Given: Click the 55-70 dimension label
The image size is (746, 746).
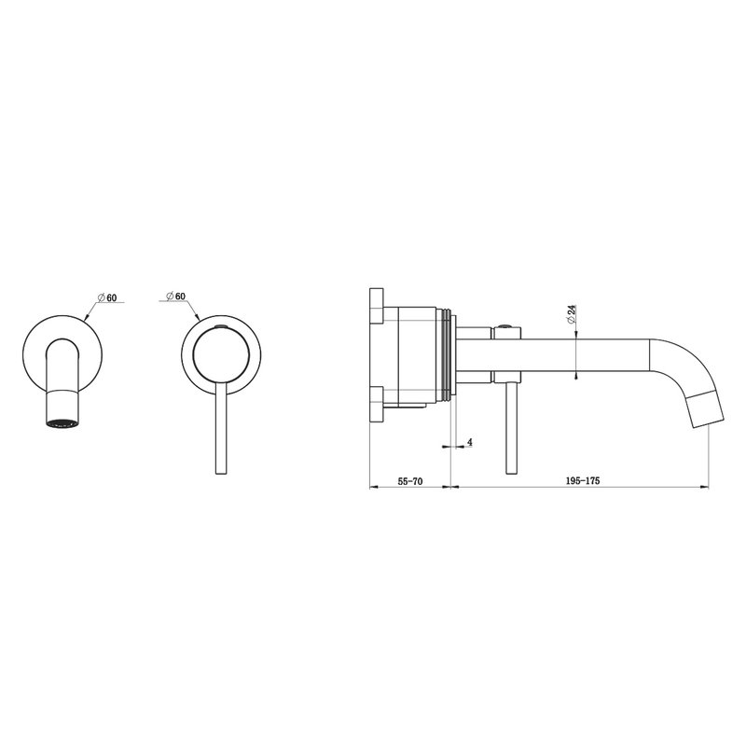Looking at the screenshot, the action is coord(410,481).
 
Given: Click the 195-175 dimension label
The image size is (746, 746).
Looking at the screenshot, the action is coord(583,480).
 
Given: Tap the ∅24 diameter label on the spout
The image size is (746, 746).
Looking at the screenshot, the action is coord(572,314).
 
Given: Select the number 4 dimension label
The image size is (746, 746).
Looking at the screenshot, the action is coord(470,442).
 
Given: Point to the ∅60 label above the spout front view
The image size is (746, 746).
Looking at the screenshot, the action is coord(107,297).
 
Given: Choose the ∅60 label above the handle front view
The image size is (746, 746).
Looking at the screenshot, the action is coord(175,296).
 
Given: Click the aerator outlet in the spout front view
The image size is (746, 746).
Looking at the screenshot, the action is coord(62,422).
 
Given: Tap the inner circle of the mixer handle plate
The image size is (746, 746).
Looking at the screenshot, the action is coord(221,354).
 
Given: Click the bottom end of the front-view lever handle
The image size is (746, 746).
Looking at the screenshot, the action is coord(222,474).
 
